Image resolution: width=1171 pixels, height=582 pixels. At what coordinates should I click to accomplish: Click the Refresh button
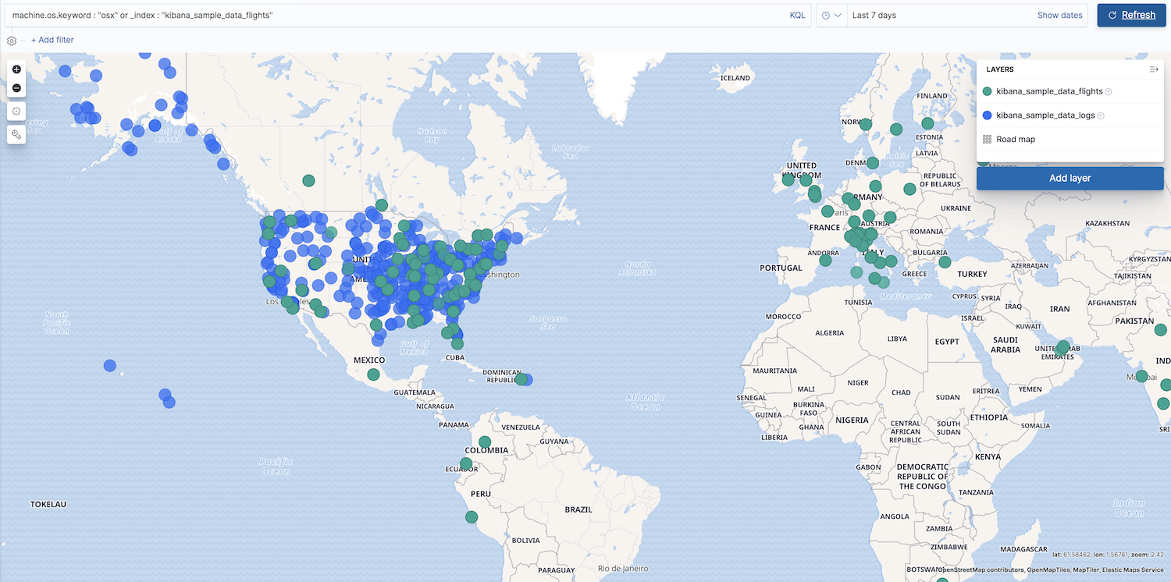pyautogui.click(x=1131, y=15)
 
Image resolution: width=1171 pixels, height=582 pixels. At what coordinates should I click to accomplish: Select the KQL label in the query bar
pyautogui.click(x=797, y=16)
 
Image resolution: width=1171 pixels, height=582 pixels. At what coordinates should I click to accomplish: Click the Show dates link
pyautogui.click(x=1059, y=16)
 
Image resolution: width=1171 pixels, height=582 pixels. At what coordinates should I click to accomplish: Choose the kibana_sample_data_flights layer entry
pyautogui.click(x=1048, y=92)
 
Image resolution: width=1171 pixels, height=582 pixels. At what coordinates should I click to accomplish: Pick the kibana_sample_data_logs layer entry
pyautogui.click(x=1045, y=115)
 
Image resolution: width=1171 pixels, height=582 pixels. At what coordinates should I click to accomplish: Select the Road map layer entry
pyautogui.click(x=1015, y=140)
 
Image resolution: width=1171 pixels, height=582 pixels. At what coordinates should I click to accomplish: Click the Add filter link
pyautogui.click(x=52, y=40)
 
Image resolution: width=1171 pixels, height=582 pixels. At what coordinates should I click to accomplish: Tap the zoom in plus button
pyautogui.click(x=16, y=69)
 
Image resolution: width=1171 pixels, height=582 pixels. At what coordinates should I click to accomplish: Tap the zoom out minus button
pyautogui.click(x=16, y=87)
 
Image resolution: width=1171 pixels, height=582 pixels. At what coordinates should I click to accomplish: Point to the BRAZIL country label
pyautogui.click(x=578, y=509)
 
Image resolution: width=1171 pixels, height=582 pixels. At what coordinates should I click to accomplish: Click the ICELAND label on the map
pyautogui.click(x=735, y=78)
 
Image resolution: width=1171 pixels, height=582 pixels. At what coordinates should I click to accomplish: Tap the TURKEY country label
pyautogui.click(x=973, y=274)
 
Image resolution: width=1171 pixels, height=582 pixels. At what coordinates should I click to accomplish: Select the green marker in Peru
pyautogui.click(x=472, y=516)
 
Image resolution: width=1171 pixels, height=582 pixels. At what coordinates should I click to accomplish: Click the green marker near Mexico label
pyautogui.click(x=373, y=374)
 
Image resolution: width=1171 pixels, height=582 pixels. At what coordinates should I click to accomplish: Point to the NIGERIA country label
pyautogui.click(x=852, y=420)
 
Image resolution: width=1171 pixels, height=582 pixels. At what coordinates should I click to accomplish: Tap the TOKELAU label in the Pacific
pyautogui.click(x=48, y=504)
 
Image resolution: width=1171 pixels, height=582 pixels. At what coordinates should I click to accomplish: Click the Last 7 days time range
pyautogui.click(x=874, y=16)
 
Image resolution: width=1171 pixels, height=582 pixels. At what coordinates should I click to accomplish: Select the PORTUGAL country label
pyautogui.click(x=781, y=268)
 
